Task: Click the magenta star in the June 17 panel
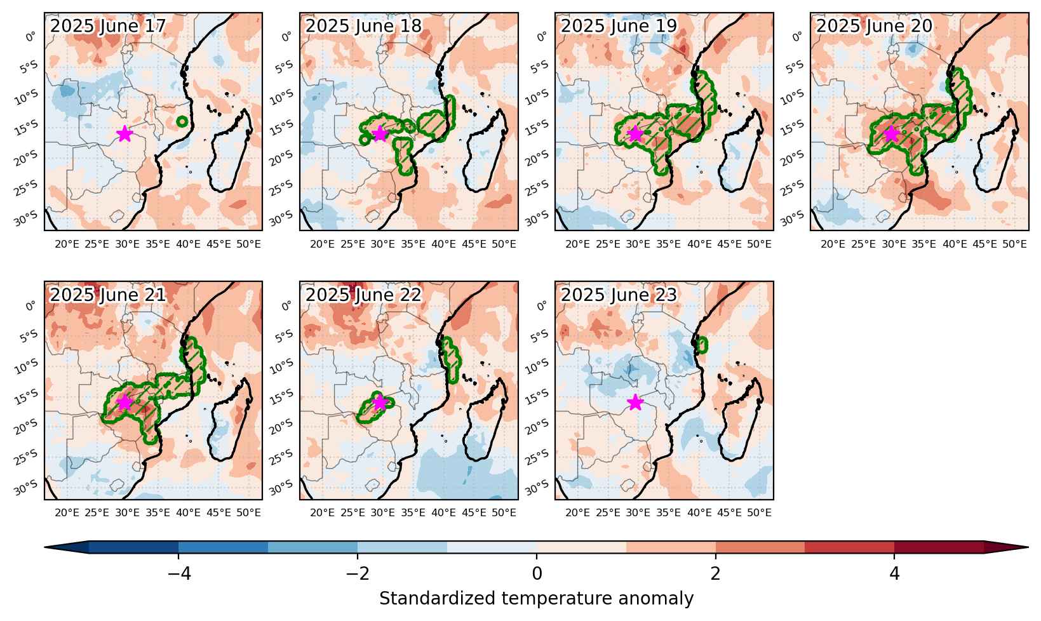point(124,134)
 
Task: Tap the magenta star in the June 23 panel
point(635,403)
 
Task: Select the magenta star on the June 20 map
point(891,134)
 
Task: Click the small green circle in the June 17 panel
point(182,122)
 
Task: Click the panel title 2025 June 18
point(363,26)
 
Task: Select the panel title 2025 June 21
point(108,295)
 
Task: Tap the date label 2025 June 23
point(619,295)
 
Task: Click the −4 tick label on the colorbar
point(179,574)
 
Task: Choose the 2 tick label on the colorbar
point(716,574)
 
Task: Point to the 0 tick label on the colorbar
point(537,574)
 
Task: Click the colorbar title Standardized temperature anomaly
point(536,599)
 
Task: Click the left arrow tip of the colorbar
point(44,547)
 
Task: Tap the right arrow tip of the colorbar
point(1028,547)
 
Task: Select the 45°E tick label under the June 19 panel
point(729,244)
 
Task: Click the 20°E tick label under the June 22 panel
point(322,513)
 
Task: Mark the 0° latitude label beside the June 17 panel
point(30,37)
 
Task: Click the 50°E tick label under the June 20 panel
point(1014,244)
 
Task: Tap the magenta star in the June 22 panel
point(380,403)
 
